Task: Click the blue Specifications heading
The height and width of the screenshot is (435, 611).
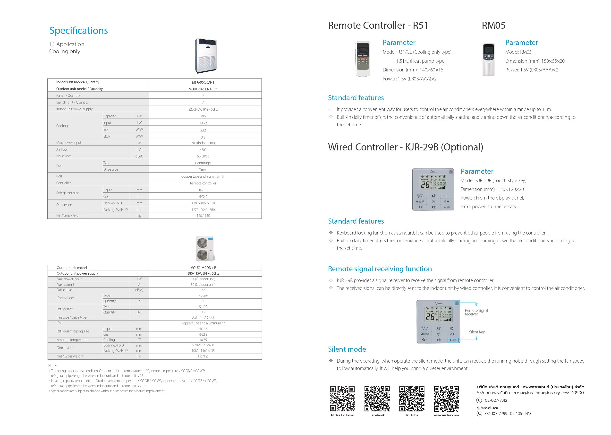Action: click(x=78, y=31)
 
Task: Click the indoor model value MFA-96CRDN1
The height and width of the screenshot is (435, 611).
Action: click(x=203, y=82)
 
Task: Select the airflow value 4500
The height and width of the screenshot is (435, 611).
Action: click(x=203, y=150)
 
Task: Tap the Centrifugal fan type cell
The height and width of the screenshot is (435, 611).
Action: click(x=203, y=163)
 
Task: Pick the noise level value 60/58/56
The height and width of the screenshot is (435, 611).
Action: click(x=203, y=156)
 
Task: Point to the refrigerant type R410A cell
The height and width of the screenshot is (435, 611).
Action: click(x=203, y=307)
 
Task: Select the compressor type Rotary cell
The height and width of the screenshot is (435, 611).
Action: click(x=203, y=296)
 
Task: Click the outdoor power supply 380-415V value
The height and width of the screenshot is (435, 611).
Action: click(x=203, y=273)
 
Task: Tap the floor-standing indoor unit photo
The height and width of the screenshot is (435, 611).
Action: click(x=205, y=56)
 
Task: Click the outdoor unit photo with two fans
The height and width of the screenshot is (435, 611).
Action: click(x=205, y=249)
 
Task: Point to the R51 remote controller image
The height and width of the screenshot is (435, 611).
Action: click(x=363, y=59)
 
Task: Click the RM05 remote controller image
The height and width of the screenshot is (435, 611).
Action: click(x=488, y=60)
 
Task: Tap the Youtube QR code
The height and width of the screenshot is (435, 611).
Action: click(x=412, y=399)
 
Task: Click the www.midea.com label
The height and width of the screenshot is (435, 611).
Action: click(x=446, y=415)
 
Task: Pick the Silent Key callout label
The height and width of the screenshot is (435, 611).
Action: click(x=477, y=332)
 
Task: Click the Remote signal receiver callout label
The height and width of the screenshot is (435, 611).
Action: click(x=476, y=312)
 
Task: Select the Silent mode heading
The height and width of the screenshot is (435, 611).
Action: click(x=347, y=349)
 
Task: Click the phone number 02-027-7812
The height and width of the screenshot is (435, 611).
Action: click(x=496, y=400)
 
